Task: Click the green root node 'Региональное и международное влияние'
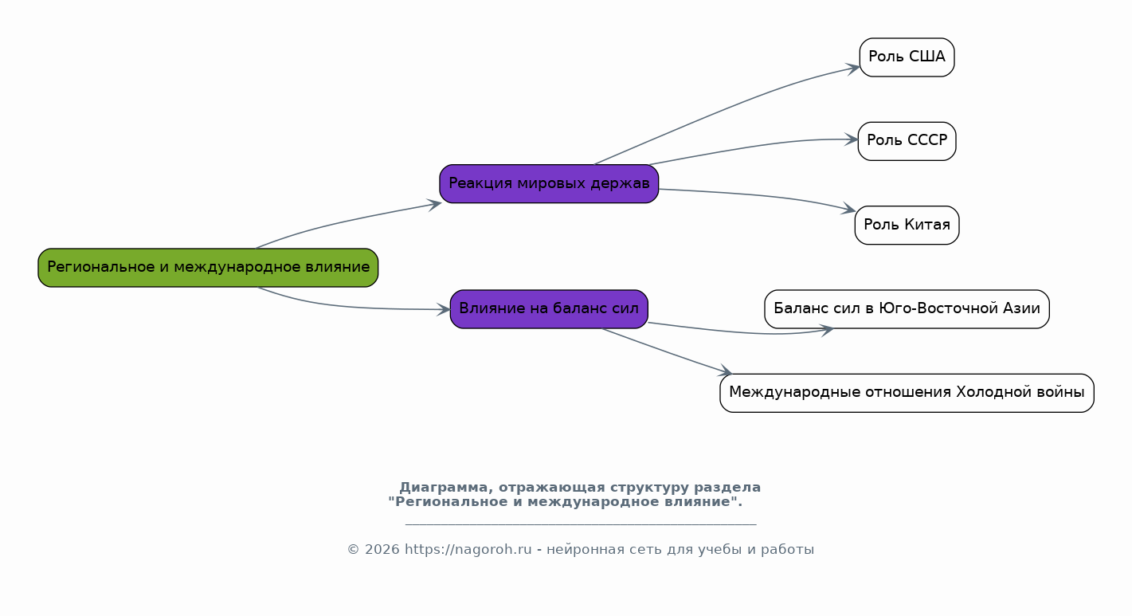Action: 208,267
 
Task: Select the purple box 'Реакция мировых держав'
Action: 549,183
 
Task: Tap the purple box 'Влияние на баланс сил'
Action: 549,308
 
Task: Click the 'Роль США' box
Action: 907,57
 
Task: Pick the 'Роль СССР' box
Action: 907,141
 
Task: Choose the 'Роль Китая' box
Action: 907,225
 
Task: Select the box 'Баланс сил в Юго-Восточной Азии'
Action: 907,308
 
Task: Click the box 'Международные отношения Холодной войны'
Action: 907,393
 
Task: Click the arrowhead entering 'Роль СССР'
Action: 851,139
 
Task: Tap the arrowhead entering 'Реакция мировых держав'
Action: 435,205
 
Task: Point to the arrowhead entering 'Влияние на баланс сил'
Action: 444,309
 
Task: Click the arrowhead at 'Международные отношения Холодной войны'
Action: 725,371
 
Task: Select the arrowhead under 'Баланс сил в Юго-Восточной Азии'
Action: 826,331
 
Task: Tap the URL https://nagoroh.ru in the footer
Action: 468,549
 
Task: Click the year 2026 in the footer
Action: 382,549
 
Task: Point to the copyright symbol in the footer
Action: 353,549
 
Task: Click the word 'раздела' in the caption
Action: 727,488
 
